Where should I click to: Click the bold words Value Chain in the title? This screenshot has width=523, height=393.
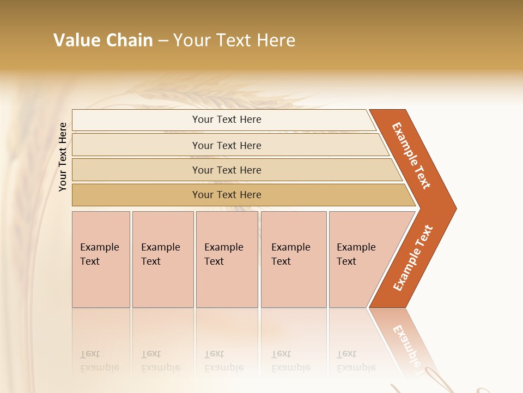pyautogui.click(x=103, y=40)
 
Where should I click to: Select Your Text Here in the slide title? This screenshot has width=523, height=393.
pyautogui.click(x=234, y=40)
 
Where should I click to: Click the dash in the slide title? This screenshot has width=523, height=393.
pyautogui.click(x=163, y=41)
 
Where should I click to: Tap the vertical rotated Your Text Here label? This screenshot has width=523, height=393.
pyautogui.click(x=63, y=157)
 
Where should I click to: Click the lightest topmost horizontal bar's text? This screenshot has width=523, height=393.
pyautogui.click(x=227, y=120)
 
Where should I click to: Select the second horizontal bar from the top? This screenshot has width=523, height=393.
pyautogui.click(x=227, y=145)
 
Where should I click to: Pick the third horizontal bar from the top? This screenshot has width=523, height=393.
pyautogui.click(x=227, y=170)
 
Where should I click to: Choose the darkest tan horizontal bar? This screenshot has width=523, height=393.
pyautogui.click(x=227, y=195)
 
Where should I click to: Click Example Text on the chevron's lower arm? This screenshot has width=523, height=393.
pyautogui.click(x=412, y=258)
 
